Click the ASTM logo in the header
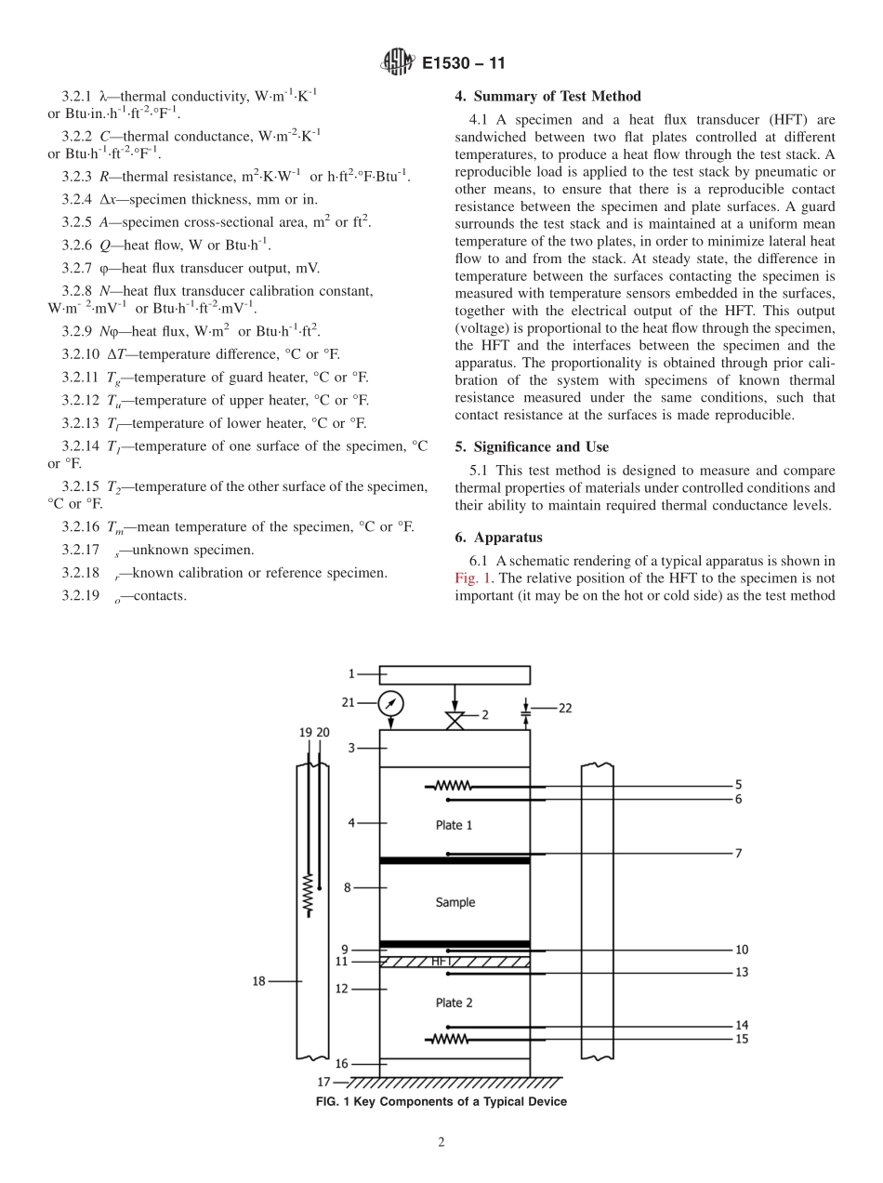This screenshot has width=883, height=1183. coord(397,64)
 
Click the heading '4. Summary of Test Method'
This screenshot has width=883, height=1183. coord(547,96)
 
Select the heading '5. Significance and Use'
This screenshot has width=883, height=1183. coord(532,446)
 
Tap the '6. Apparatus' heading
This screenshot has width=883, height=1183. coord(499,538)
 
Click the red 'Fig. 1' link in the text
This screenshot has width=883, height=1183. coord(472,577)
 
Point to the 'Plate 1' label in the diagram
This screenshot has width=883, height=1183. coord(455,825)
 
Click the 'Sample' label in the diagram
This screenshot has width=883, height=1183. coord(455,902)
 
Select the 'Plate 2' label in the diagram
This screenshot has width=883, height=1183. coord(455,1003)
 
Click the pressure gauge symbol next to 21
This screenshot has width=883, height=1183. coord(391,703)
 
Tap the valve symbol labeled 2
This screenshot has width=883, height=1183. coord(455,721)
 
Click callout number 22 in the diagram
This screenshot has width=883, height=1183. coord(565,708)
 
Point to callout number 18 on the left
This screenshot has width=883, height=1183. coord(260,980)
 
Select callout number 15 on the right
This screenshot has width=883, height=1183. coord(741,1039)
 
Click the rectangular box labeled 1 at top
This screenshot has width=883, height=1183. coord(455,674)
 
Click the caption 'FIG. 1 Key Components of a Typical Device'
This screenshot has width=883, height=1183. coord(441,1102)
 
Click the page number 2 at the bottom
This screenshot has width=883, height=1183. coord(441,1143)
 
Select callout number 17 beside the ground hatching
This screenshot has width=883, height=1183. coord(323,1082)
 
